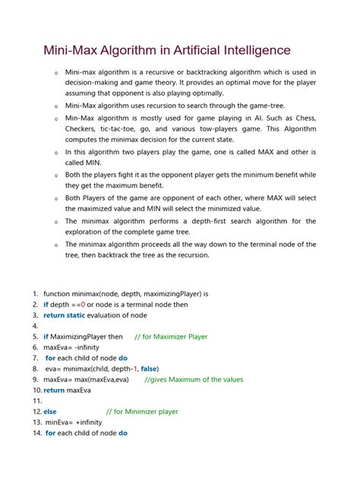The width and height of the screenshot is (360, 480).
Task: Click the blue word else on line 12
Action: pyautogui.click(x=50, y=412)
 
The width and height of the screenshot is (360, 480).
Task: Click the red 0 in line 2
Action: pyautogui.click(x=85, y=304)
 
